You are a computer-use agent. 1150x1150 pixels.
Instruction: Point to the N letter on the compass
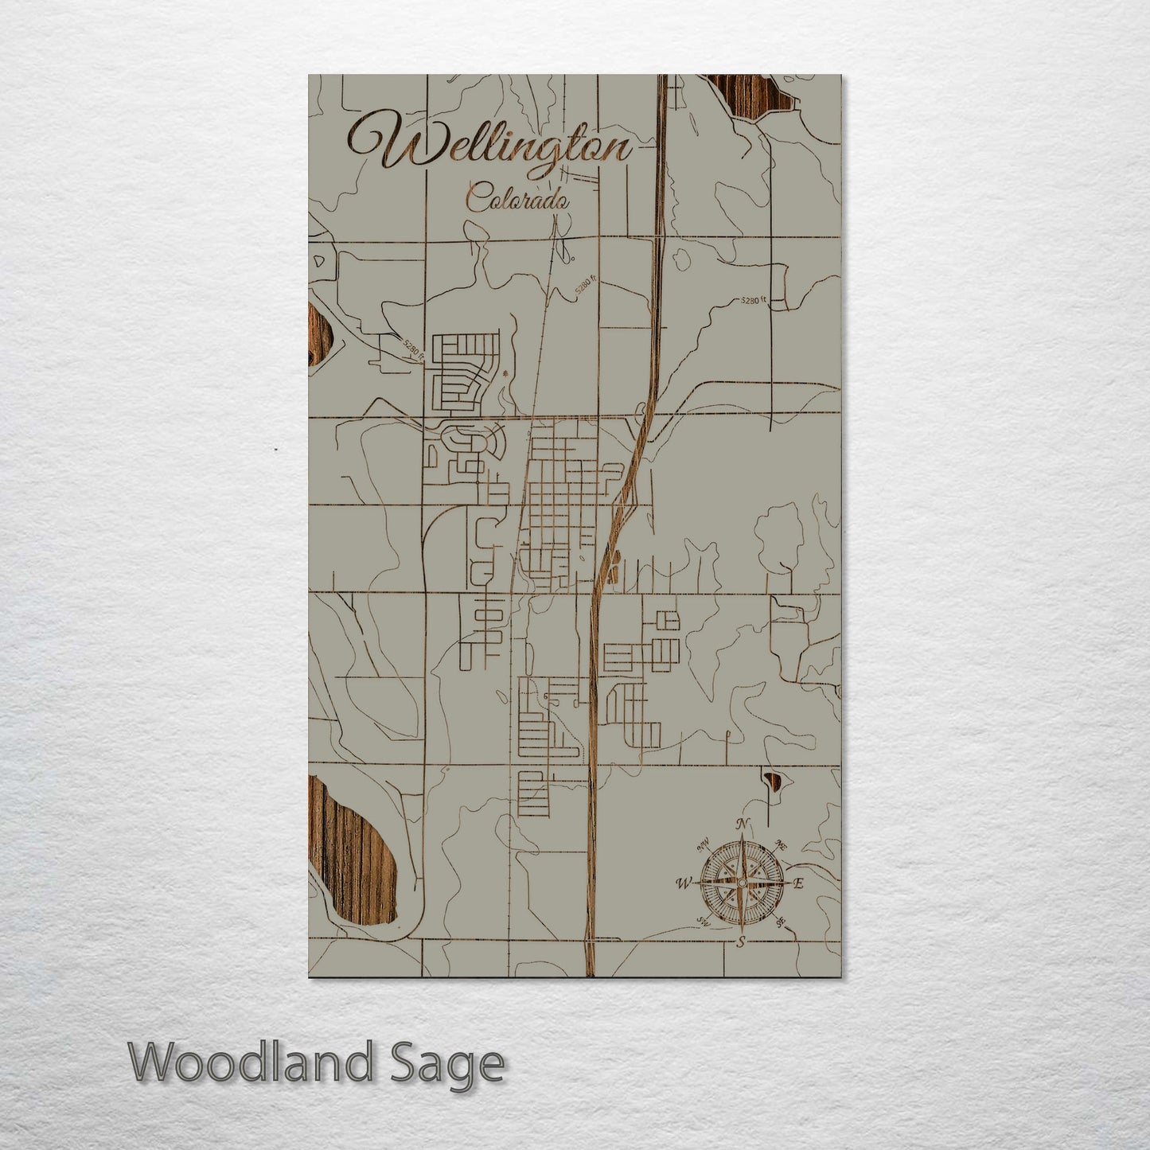[742, 823]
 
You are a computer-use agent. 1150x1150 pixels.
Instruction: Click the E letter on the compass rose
[800, 883]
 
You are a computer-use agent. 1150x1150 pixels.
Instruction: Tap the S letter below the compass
[740, 942]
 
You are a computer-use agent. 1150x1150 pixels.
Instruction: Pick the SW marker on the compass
[702, 922]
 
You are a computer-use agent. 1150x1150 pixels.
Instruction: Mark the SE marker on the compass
[781, 922]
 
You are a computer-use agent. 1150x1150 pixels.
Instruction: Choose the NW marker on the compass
[703, 844]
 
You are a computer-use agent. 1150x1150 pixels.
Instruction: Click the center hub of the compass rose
[741, 883]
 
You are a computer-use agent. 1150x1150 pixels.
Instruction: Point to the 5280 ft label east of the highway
[751, 301]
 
